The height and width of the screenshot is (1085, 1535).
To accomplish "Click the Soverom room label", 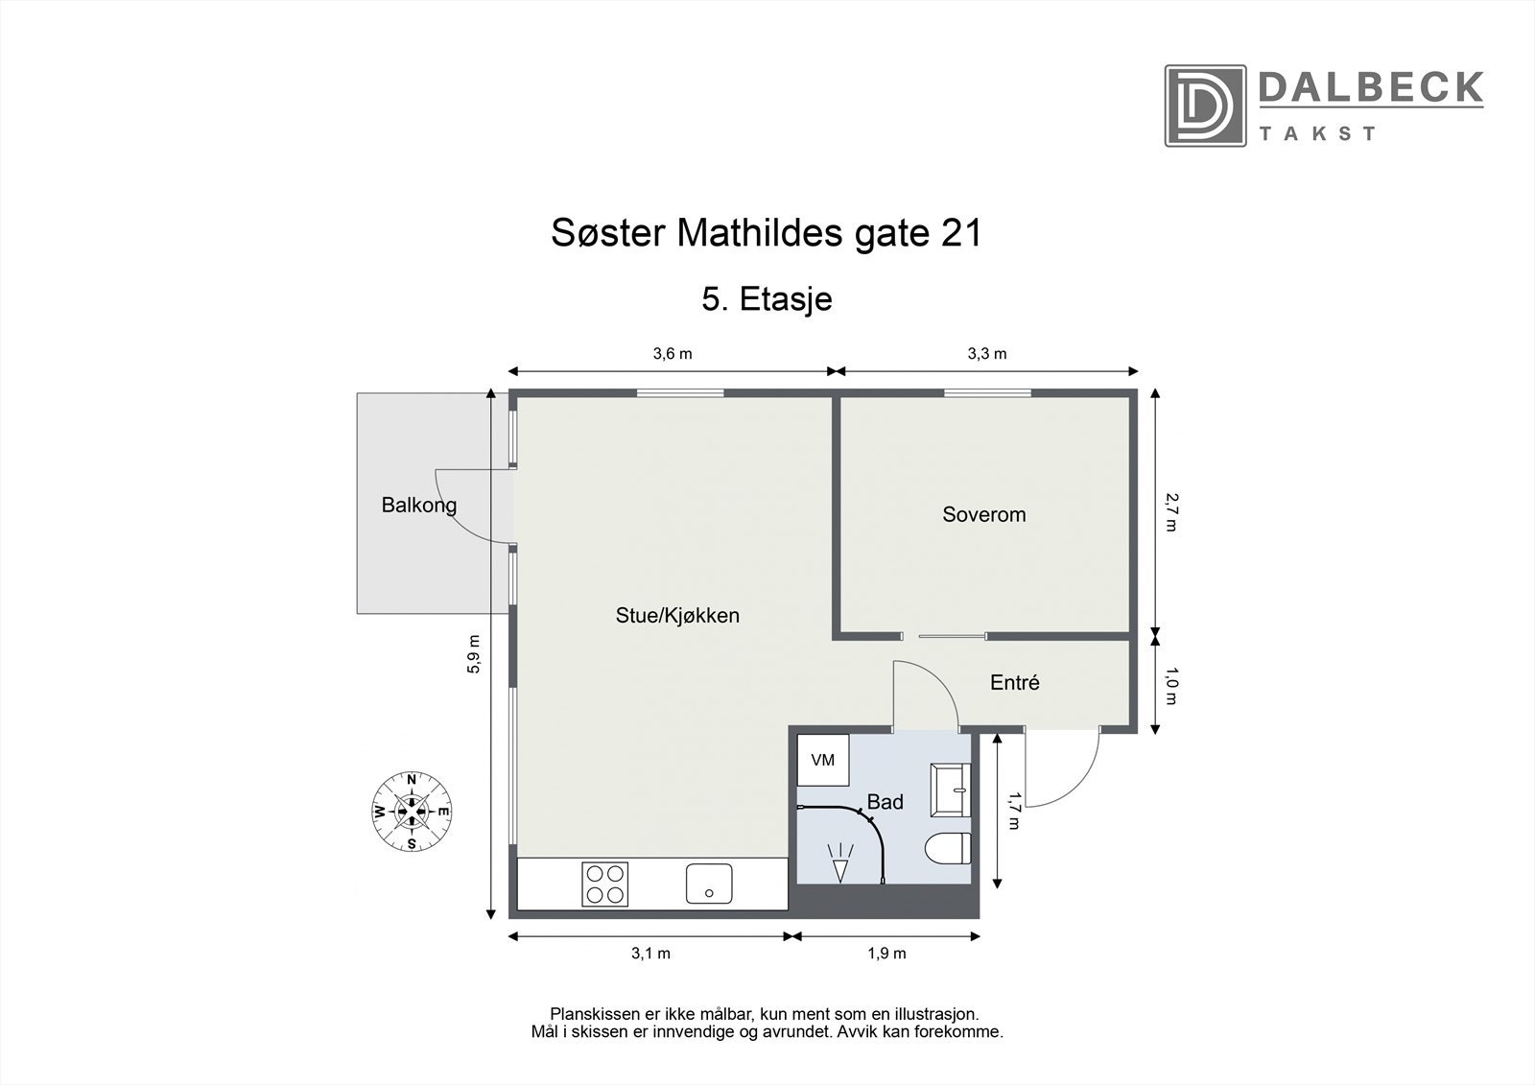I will click(983, 514).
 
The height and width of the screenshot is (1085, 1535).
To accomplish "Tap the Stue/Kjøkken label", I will click(677, 615).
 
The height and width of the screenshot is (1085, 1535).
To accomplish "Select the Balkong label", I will click(418, 505).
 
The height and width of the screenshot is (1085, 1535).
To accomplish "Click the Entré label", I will click(1014, 682).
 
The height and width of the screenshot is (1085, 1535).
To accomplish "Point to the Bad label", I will click(885, 802).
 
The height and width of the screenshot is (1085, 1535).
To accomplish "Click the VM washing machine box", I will click(822, 760).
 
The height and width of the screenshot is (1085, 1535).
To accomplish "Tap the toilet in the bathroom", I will click(948, 849).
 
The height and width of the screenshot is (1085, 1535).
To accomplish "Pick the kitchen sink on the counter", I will click(709, 884).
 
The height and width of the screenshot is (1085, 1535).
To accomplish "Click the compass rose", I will click(412, 812).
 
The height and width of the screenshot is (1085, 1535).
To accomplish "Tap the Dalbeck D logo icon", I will click(1205, 106).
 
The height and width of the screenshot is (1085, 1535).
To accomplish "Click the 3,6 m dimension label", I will click(672, 353).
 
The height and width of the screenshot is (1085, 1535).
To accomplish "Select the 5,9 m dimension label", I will click(473, 654).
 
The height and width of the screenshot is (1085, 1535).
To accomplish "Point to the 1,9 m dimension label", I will click(886, 954).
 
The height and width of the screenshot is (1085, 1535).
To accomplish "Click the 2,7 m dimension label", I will click(1172, 511).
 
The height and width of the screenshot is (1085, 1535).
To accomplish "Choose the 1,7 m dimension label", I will click(1013, 811).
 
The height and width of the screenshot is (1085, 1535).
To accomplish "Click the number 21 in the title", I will click(961, 233).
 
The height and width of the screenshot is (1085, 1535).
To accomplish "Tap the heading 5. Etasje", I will click(767, 299).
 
